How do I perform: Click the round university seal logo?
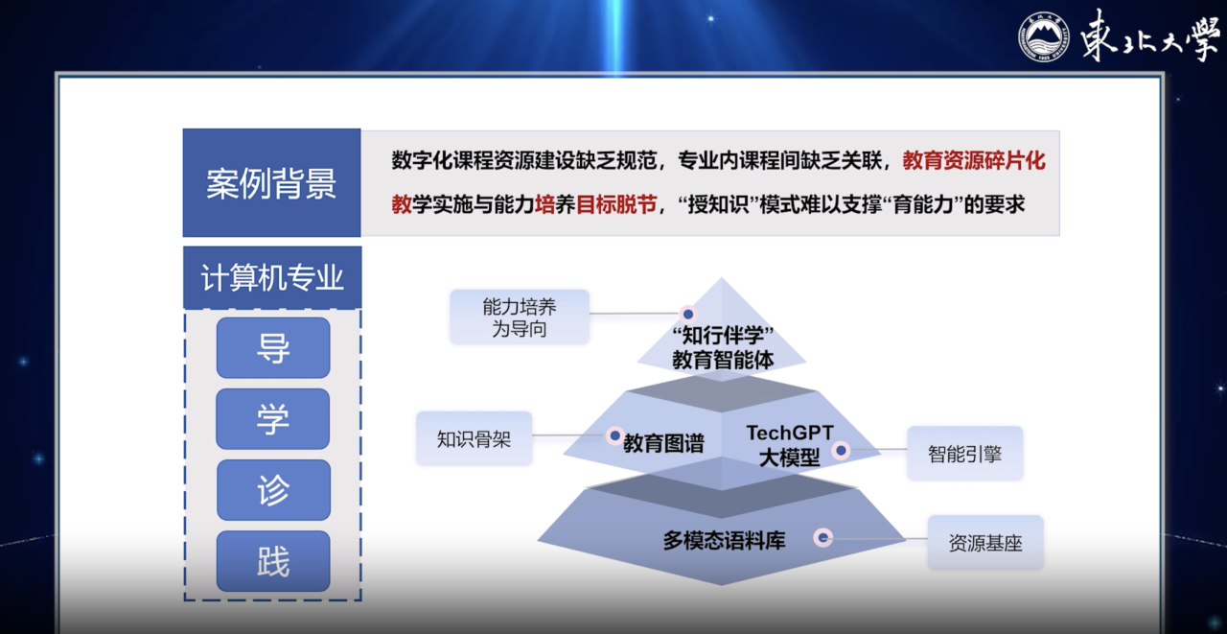[1044, 36]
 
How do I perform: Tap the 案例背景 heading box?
[271, 182]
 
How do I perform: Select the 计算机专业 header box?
[272, 277]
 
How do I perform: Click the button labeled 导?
[273, 347]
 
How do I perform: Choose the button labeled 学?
[273, 418]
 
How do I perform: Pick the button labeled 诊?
[273, 490]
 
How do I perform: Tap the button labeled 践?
[273, 561]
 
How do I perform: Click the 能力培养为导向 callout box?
[520, 317]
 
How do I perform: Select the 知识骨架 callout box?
[474, 439]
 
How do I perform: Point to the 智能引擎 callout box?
[965, 454]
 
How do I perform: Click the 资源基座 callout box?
[985, 543]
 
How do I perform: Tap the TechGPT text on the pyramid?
[790, 433]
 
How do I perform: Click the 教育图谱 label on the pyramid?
[663, 443]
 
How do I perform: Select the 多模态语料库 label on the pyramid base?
[724, 541]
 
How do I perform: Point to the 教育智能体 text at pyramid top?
[723, 360]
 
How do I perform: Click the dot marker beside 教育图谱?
[614, 435]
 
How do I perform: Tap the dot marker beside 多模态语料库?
[822, 537]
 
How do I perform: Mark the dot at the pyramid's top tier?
[688, 314]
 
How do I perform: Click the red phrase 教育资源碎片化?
[974, 160]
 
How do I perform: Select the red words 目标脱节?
[616, 204]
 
